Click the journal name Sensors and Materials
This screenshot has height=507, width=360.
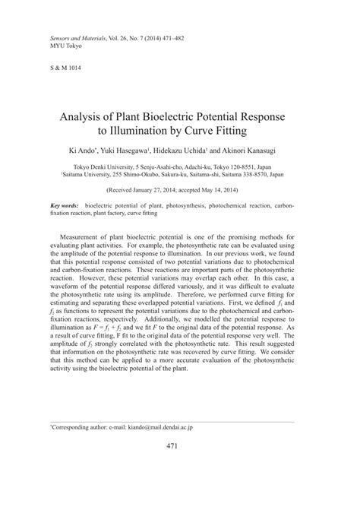[x=76, y=36]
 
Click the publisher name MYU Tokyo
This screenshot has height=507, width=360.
[x=66, y=45]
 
